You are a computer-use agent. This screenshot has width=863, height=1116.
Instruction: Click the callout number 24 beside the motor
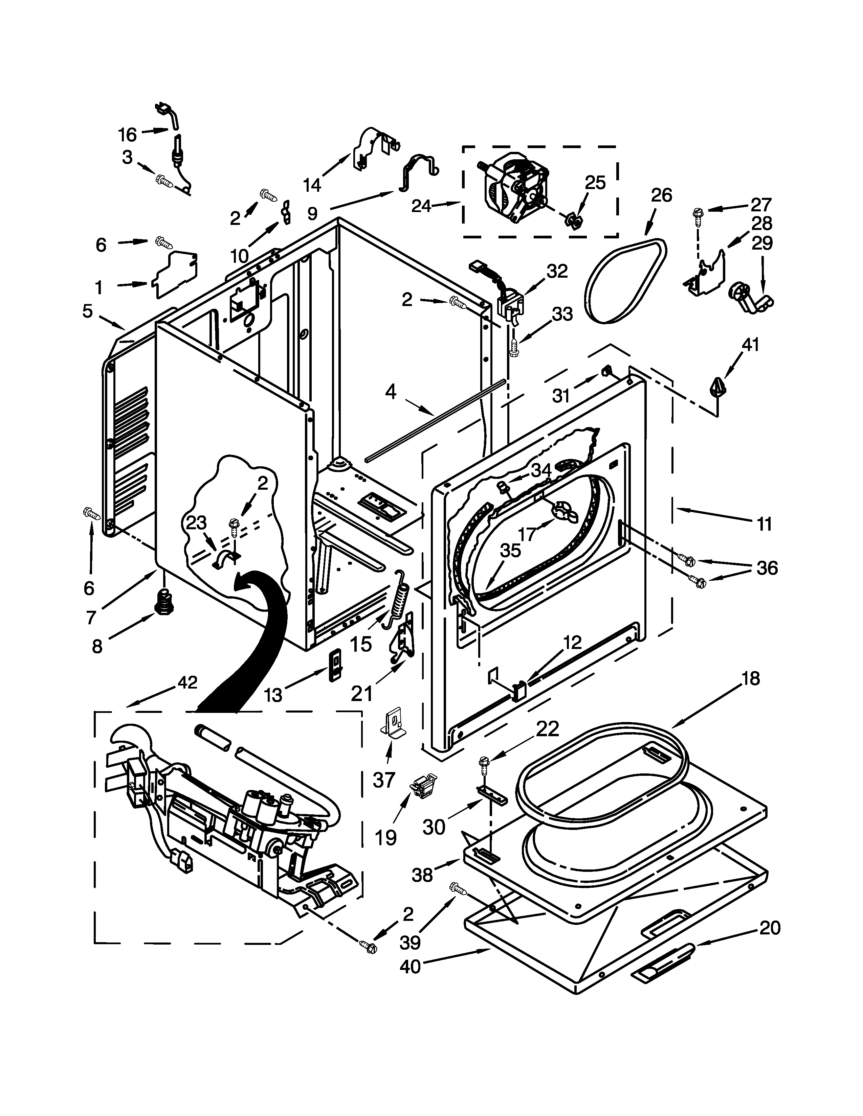point(422,206)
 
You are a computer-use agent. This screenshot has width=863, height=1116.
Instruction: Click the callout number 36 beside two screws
point(767,568)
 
